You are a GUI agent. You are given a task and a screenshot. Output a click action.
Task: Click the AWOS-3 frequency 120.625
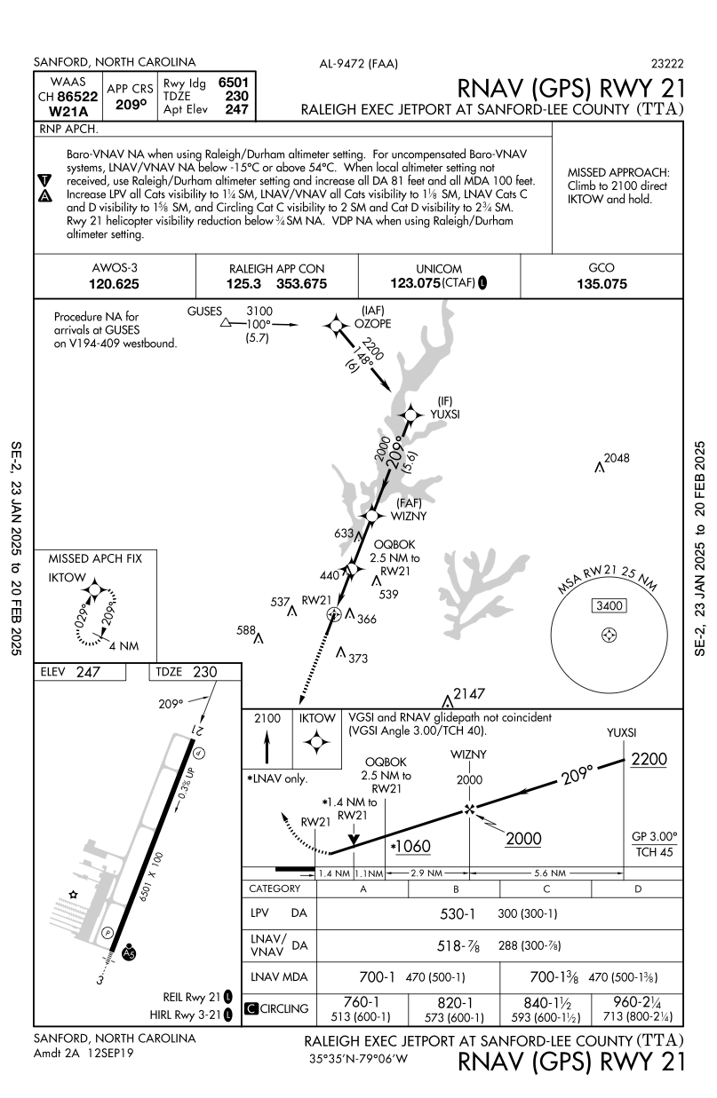click(x=115, y=285)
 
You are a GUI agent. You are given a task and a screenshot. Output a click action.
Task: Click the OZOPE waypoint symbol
click(x=336, y=327)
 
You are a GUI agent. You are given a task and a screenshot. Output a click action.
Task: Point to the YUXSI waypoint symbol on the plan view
click(x=410, y=415)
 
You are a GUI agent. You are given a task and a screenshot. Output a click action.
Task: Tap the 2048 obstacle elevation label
click(x=616, y=458)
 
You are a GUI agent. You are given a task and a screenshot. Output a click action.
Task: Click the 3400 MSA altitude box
click(x=609, y=606)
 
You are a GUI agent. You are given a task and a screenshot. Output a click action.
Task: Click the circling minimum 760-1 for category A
click(x=363, y=1001)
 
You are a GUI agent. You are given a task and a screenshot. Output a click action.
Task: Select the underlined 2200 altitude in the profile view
click(x=648, y=760)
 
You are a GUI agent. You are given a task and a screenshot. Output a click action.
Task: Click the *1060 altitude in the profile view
click(x=410, y=846)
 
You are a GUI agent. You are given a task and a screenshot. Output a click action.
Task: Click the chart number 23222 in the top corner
click(x=666, y=63)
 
